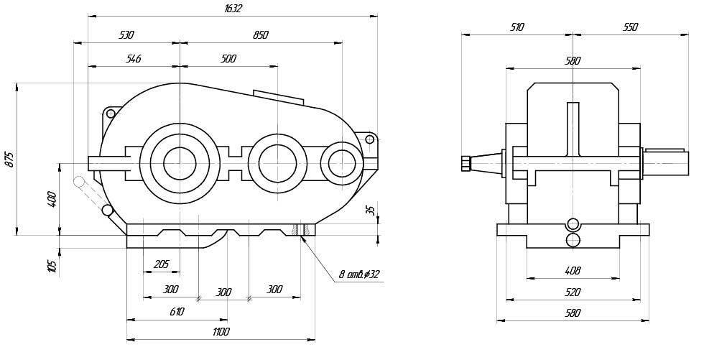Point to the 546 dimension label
pyautogui.click(x=133, y=59)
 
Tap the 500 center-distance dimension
pyautogui.click(x=228, y=59)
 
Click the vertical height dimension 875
pyautogui.click(x=9, y=160)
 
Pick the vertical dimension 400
pyautogui.click(x=52, y=199)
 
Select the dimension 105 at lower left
pyautogui.click(x=52, y=266)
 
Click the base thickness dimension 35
pyautogui.click(x=370, y=211)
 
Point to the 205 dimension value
pyautogui.click(x=161, y=264)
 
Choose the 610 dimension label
pyautogui.click(x=177, y=312)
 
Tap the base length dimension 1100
pyautogui.click(x=221, y=331)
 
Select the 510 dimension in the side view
pyautogui.click(x=517, y=27)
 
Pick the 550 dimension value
pyautogui.click(x=629, y=27)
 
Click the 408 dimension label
pyautogui.click(x=573, y=271)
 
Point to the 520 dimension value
pyautogui.click(x=573, y=292)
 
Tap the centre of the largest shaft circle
pyautogui.click(x=180, y=163)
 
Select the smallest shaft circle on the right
pyautogui.click(x=341, y=163)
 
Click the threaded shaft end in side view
pyautogui.click(x=464, y=164)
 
